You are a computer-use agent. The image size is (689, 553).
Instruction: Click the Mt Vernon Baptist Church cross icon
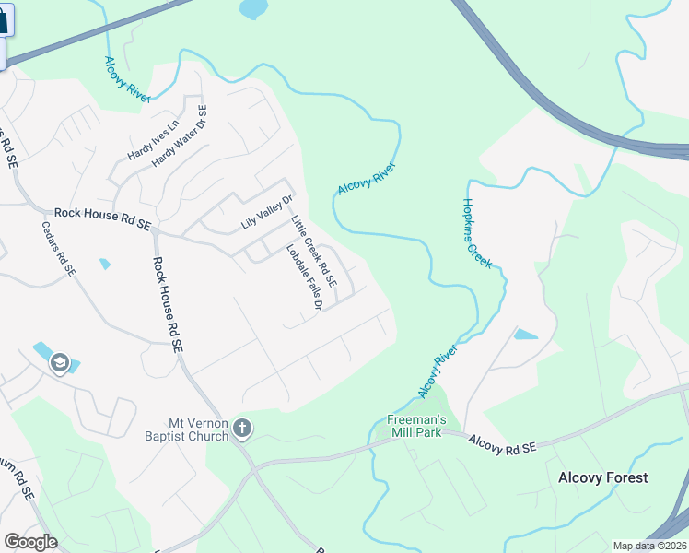(242, 427)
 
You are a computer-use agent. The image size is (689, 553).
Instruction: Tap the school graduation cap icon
(59, 362)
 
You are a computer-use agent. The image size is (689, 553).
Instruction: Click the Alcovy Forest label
(602, 477)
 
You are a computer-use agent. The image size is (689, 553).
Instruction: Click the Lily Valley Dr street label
(266, 213)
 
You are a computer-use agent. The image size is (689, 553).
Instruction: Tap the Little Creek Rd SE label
(314, 250)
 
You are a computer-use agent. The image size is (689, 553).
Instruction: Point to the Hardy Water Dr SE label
(181, 135)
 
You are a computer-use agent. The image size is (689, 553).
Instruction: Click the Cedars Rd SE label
(58, 248)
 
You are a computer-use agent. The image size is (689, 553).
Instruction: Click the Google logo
(30, 542)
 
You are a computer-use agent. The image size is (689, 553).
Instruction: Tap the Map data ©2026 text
(648, 546)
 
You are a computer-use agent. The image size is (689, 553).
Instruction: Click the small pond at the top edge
(251, 9)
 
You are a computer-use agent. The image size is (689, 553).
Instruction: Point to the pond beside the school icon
(42, 351)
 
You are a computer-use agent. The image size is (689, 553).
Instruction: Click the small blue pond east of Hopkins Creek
(526, 335)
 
